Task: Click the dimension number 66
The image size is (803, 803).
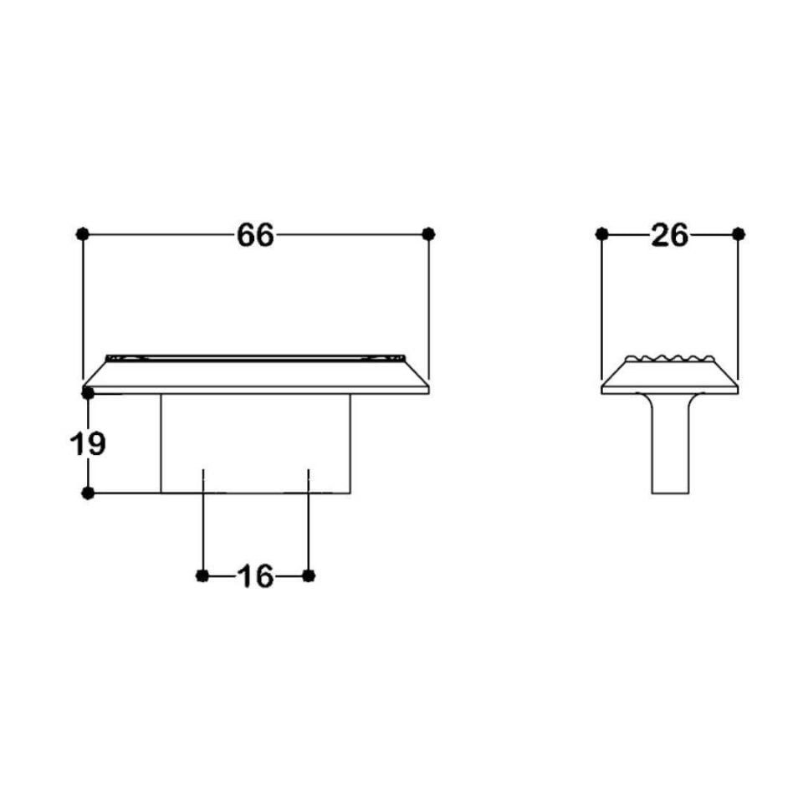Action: coord(255,235)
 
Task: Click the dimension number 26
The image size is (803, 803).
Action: coord(669,235)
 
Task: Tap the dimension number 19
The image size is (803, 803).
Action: coord(87,443)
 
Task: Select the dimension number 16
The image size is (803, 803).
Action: coord(255,575)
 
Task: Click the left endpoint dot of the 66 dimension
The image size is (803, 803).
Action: coord(82,234)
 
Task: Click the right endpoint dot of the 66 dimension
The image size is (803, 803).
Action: coord(429,234)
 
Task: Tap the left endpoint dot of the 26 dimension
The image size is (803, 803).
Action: coord(601,234)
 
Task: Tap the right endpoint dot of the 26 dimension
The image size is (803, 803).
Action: coord(738,234)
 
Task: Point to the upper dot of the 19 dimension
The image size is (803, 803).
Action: coord(88,391)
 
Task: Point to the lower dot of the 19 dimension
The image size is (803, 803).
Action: coord(88,493)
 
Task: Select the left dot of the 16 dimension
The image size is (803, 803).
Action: coord(202,575)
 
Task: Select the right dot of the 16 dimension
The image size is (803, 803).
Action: coord(309,575)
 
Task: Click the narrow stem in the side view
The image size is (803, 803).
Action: coord(671,452)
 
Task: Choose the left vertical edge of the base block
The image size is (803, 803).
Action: coord(161,443)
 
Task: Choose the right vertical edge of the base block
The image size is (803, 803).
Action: coord(350,443)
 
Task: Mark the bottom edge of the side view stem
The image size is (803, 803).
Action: coord(671,493)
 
